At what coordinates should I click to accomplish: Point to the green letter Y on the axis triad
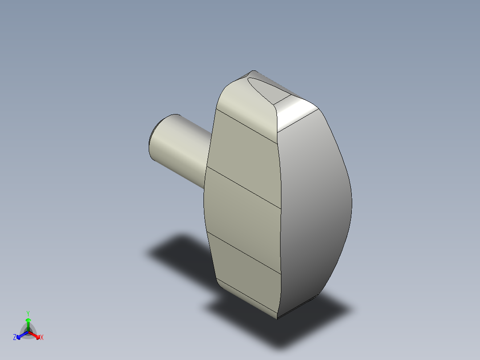tap(28, 313)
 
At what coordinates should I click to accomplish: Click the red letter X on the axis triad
tap(42, 338)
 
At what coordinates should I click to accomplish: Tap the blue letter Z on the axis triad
tap(15, 338)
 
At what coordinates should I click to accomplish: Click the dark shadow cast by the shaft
tap(178, 250)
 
